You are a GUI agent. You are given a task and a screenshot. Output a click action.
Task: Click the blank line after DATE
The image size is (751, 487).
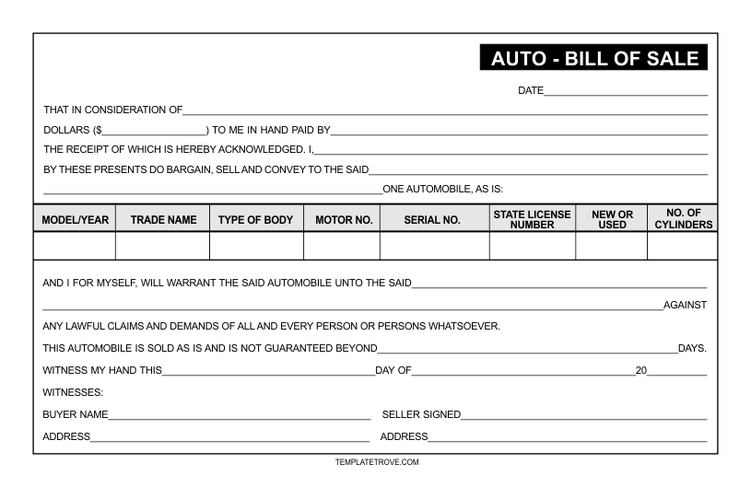pos(626,93)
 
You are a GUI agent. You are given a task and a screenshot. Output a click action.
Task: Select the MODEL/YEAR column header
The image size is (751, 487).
pos(75,220)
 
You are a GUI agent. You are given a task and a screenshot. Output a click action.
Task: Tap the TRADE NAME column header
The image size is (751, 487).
pos(162,220)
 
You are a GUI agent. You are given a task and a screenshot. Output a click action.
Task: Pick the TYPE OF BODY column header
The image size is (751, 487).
pos(256,220)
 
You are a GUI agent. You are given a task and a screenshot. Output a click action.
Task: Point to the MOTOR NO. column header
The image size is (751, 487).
pos(341,220)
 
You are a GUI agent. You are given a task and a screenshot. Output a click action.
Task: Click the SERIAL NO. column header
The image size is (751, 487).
pos(432,220)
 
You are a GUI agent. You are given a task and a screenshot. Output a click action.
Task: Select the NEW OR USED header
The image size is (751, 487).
pos(611,219)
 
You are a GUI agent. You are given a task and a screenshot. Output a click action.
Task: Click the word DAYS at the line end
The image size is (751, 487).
pos(692,348)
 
